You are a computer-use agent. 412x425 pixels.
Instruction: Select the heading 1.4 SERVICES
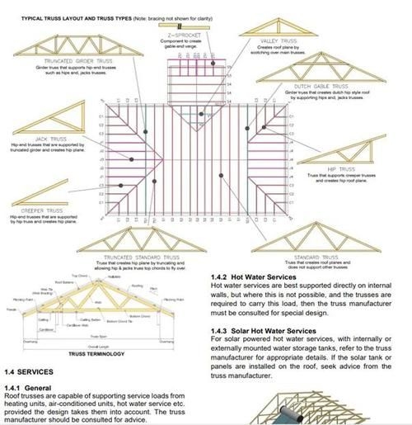point(28,371)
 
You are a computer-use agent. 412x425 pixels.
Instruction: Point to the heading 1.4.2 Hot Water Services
point(263,277)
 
